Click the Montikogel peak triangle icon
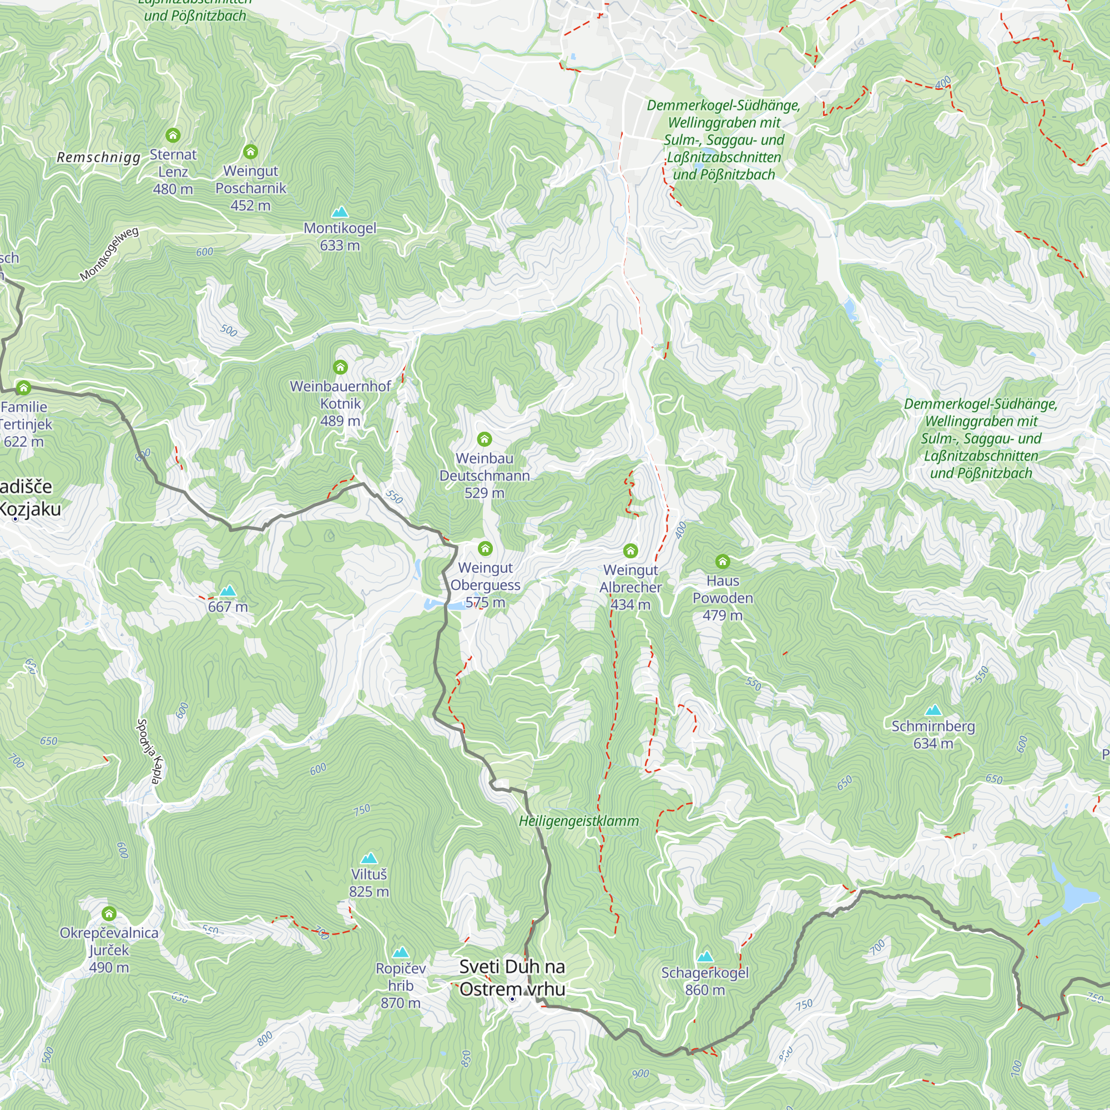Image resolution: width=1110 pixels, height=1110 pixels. point(340,213)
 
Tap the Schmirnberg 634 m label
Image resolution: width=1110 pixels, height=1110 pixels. point(933,734)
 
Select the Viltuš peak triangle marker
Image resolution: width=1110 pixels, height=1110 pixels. point(369,859)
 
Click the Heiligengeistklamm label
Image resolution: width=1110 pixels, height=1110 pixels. point(578,821)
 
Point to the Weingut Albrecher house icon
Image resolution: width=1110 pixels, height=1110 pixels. point(630,551)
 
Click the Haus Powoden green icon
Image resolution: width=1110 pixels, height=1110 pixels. point(722,561)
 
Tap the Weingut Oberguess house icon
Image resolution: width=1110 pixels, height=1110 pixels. point(485,549)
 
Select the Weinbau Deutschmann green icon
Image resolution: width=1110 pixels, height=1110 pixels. point(485,440)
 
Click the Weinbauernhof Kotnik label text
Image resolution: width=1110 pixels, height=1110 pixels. point(340,395)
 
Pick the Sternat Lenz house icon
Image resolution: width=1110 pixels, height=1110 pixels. point(173,135)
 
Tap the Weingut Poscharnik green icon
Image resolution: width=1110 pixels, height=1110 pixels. point(250,152)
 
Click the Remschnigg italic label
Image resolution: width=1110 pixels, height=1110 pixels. point(98,158)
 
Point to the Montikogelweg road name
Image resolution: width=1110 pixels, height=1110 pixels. point(109,255)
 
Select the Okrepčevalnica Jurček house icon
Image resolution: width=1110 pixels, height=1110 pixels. point(109,914)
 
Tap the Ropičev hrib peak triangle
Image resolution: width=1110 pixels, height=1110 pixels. point(401,952)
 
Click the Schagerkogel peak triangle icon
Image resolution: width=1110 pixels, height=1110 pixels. point(705,957)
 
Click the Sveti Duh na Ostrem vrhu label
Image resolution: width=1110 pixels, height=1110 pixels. point(512,978)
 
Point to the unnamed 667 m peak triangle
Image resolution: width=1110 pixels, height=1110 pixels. point(228,591)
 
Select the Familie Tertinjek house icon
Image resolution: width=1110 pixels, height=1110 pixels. point(23,388)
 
